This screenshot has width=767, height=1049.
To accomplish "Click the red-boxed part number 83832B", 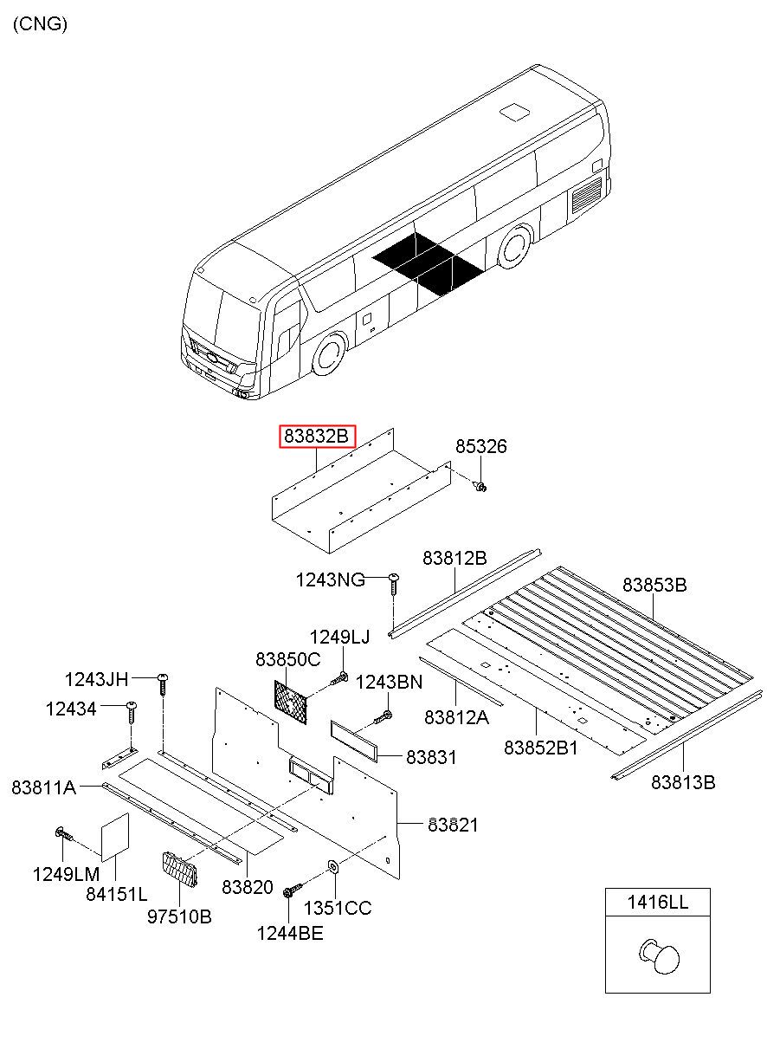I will [x=317, y=437].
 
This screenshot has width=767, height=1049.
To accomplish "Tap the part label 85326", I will [x=481, y=447].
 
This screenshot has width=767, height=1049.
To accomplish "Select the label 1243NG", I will [x=330, y=580].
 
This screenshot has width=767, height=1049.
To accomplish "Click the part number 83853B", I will [x=654, y=586].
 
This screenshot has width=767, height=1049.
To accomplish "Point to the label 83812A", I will [x=456, y=717].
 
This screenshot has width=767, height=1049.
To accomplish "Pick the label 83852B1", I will [x=541, y=747].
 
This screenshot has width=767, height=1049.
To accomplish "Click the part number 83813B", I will [x=683, y=782].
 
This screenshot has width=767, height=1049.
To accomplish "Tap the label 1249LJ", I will [x=339, y=638].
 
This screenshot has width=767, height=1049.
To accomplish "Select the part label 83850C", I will [x=287, y=659].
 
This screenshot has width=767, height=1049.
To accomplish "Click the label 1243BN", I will [x=390, y=682].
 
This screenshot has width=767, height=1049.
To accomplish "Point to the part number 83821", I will [x=452, y=826].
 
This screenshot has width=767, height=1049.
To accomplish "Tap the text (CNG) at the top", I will [x=40, y=24].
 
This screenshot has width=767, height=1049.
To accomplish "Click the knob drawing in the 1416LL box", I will [x=660, y=955].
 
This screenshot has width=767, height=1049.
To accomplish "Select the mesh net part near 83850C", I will [x=292, y=697].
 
